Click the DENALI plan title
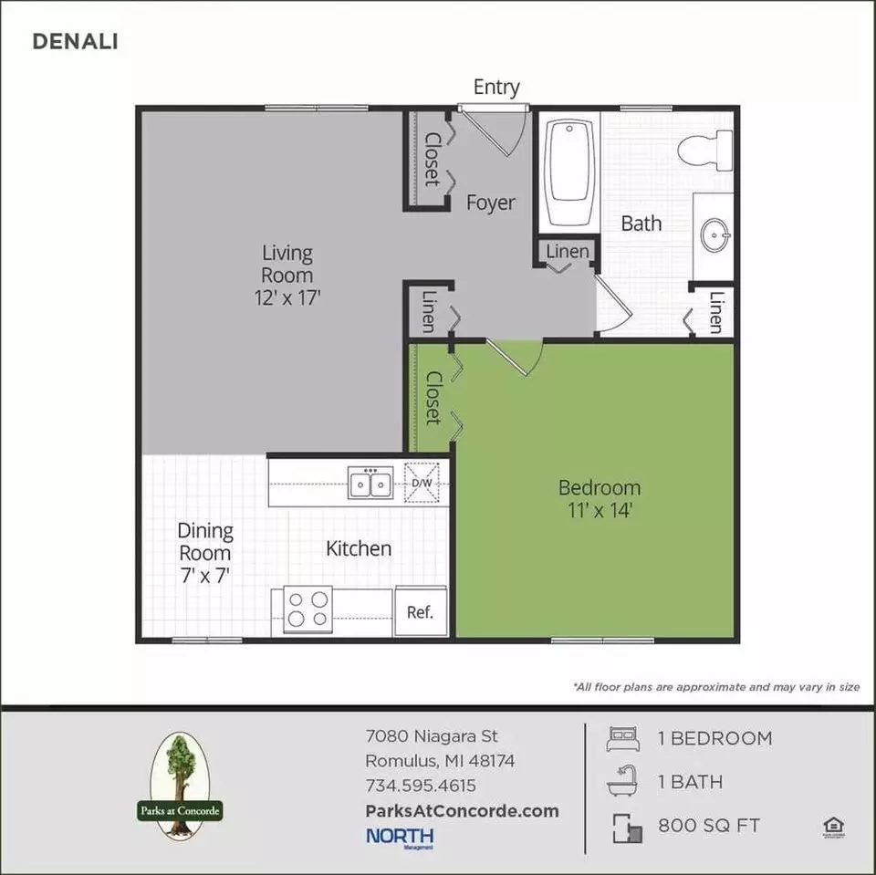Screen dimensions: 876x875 point(75,41)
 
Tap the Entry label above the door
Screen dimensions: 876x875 point(496,88)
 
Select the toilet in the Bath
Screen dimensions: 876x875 point(705,150)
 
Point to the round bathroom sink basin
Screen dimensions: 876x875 point(714,234)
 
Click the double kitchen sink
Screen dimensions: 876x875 point(370,483)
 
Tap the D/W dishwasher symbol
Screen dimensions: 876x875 point(422,482)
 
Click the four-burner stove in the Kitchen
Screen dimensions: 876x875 point(308,609)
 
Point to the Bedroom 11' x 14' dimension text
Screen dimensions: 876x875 point(600,510)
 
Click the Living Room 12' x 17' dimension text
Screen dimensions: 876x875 point(287,297)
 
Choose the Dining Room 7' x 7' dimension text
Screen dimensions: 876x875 point(205,575)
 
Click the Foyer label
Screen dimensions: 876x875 point(491,203)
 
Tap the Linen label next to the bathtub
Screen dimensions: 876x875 point(567,251)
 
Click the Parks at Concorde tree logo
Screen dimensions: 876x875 point(180,786)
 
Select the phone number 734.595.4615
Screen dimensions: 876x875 point(421,785)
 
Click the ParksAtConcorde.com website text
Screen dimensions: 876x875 point(462,811)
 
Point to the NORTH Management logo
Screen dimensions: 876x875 point(400,838)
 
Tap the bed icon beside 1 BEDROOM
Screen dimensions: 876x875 point(622,738)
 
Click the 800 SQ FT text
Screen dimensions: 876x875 point(709,825)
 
